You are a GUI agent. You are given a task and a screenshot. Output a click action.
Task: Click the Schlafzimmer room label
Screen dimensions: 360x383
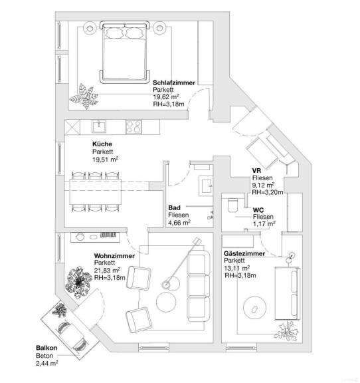(x=174, y=82)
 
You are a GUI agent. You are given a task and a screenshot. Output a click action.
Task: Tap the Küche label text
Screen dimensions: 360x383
(x=102, y=144)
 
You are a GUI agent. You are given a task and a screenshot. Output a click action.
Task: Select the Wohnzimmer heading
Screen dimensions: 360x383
(x=114, y=256)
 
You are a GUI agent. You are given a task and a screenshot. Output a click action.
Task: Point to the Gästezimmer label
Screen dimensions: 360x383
(x=244, y=253)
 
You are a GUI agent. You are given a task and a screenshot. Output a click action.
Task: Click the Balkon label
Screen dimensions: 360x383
(x=46, y=348)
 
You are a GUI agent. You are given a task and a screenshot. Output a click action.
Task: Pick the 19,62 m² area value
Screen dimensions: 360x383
(x=166, y=96)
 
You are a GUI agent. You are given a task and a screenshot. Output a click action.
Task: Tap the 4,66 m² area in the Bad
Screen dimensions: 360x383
(x=179, y=223)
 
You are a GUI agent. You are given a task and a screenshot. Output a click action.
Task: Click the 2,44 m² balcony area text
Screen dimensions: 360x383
(x=47, y=363)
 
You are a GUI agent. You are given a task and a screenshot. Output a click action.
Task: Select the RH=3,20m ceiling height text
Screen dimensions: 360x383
(x=268, y=192)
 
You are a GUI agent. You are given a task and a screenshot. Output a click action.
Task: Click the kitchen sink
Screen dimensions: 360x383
(x=99, y=126)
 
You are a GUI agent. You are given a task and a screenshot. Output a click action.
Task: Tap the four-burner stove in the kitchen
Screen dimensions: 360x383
(x=134, y=127)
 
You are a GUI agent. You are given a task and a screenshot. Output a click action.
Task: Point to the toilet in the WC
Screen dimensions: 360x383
(x=232, y=205)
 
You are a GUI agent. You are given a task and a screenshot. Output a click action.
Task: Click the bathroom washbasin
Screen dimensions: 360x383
(x=206, y=186)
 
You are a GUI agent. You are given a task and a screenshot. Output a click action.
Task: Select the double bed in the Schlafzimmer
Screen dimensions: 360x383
(x=124, y=53)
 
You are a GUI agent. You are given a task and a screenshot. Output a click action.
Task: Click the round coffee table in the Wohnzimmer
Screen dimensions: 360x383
(x=166, y=302)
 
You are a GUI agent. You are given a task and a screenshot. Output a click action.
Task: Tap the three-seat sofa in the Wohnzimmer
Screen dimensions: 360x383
(x=199, y=285)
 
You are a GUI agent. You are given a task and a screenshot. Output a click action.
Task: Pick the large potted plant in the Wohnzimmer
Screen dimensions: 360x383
(x=78, y=283)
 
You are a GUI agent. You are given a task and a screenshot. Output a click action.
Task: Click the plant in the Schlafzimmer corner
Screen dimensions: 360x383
(x=84, y=96)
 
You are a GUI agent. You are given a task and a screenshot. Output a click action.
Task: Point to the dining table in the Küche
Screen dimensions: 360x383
(x=95, y=191)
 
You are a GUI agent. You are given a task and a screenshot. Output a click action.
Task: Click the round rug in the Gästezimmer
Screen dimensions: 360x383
(x=255, y=308)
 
